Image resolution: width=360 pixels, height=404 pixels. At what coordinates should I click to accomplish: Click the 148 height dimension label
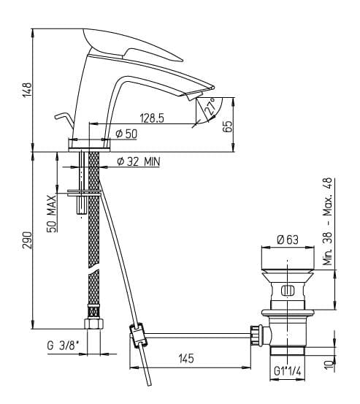pos(27,90)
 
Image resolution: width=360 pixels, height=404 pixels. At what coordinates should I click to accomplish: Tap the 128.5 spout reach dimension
pos(152,118)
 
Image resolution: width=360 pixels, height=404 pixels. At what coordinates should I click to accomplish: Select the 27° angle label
pos(210,107)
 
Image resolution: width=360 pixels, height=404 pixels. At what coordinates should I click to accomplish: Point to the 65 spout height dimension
pos(227,126)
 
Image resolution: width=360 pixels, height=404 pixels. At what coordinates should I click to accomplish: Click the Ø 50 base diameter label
pos(126,134)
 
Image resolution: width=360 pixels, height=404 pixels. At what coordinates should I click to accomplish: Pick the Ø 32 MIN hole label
pos(138,161)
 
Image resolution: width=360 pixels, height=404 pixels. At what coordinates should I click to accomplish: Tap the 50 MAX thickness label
pos(52,213)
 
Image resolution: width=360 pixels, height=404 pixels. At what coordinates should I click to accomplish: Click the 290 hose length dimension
pos(27,240)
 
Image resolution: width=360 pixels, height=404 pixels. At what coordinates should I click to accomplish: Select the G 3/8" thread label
pos(63,346)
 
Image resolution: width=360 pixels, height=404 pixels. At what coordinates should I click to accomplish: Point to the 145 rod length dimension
pos(186,358)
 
